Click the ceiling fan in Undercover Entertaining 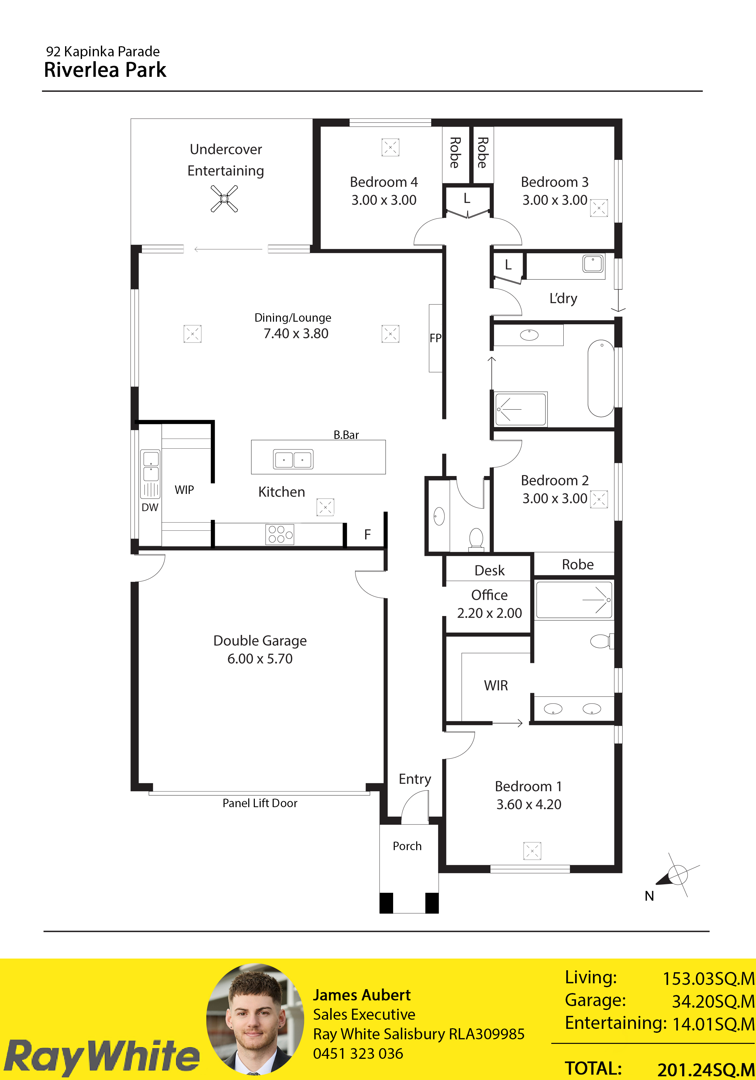pyautogui.click(x=224, y=199)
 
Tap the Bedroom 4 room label pyautogui.click(x=384, y=182)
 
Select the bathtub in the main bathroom pyautogui.click(x=601, y=378)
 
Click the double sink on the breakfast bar pyautogui.click(x=293, y=459)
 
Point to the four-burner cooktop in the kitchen pyautogui.click(x=280, y=534)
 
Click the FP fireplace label pyautogui.click(x=435, y=338)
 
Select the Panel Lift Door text pyautogui.click(x=260, y=803)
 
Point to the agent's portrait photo pyautogui.click(x=255, y=1020)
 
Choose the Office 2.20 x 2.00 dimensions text pyautogui.click(x=489, y=613)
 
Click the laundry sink pyautogui.click(x=593, y=263)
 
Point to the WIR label pyautogui.click(x=496, y=685)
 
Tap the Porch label pyautogui.click(x=407, y=846)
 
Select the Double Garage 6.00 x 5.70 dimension pyautogui.click(x=260, y=659)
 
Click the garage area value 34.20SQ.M pyautogui.click(x=713, y=1002)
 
